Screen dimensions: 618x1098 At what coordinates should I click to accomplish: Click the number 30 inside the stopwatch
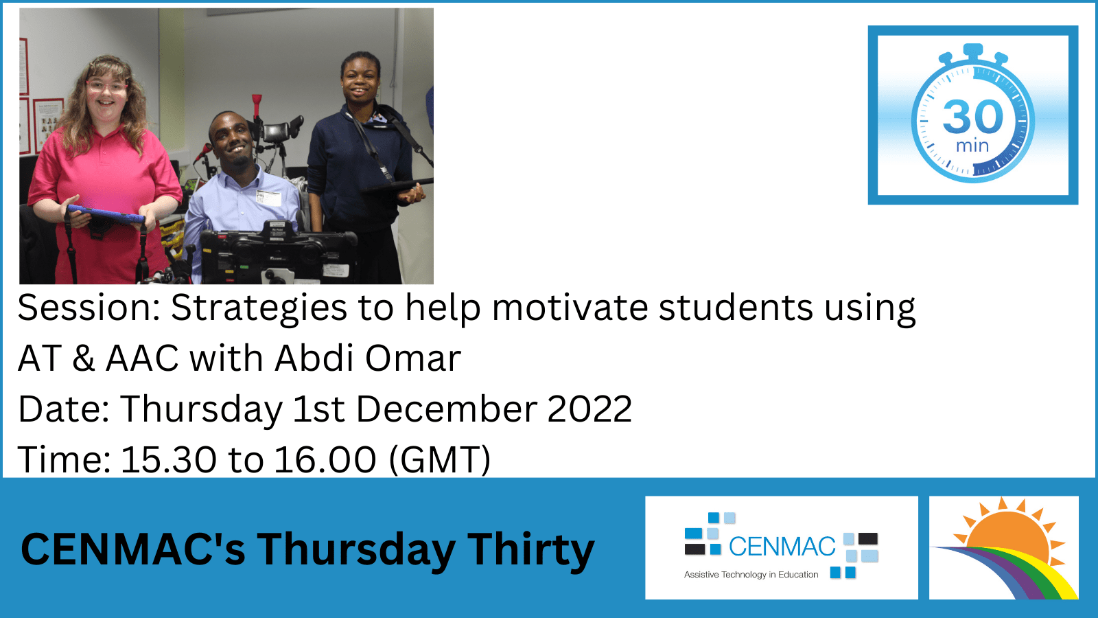click(x=972, y=117)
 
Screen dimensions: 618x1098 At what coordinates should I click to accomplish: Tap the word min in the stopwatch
click(x=972, y=146)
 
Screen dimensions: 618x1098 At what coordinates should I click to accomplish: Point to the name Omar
click(x=413, y=358)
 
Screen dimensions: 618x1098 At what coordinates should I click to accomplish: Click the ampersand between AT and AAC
click(x=83, y=358)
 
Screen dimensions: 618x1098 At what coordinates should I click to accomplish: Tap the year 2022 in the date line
click(x=589, y=409)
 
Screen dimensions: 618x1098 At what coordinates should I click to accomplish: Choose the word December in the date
click(x=446, y=409)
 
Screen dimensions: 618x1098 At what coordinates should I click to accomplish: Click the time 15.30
click(x=168, y=459)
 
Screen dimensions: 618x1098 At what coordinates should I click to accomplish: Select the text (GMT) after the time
click(x=440, y=459)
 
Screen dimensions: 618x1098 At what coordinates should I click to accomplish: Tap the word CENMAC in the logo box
click(x=782, y=547)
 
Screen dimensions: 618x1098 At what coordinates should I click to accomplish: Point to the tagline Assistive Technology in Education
click(x=751, y=575)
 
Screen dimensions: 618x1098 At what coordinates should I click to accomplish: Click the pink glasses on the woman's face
click(x=106, y=87)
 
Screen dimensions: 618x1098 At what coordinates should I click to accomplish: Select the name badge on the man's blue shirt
click(x=268, y=198)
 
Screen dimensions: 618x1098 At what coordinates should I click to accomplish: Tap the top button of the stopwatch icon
click(x=973, y=50)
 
